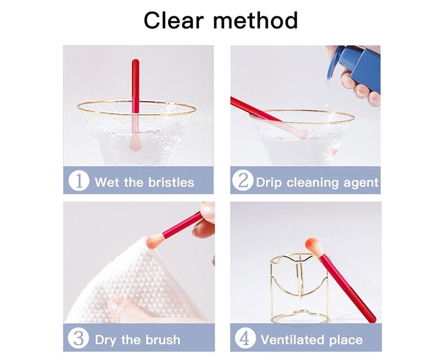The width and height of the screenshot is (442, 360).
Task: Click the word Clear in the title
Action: pos(174,20)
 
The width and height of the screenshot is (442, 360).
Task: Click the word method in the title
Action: pos(255,20)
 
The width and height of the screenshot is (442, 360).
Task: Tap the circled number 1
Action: pos(79,181)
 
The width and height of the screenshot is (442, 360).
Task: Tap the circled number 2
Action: pos(243,181)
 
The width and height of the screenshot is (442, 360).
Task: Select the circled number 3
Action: pos(78,338)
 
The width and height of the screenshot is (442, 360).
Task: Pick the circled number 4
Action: pos(245,338)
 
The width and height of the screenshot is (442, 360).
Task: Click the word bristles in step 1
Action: pos(171,182)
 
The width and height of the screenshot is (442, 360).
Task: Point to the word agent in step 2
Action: pos(361,183)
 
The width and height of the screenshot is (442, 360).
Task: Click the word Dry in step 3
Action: pos(106,340)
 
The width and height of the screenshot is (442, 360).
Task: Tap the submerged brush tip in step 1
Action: pos(135,143)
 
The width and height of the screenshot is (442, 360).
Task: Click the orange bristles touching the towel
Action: pos(155,241)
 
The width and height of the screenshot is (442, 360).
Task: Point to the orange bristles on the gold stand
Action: pos(314,247)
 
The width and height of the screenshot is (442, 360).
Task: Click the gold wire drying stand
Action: pos(300,288)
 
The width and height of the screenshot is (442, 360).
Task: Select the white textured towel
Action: pos(133,281)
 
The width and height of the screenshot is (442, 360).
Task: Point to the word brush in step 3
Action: pos(162,340)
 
